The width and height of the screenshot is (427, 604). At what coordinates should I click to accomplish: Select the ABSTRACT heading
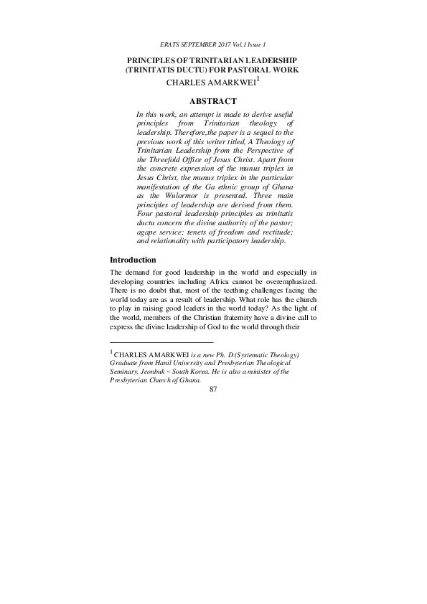pos(213,102)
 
